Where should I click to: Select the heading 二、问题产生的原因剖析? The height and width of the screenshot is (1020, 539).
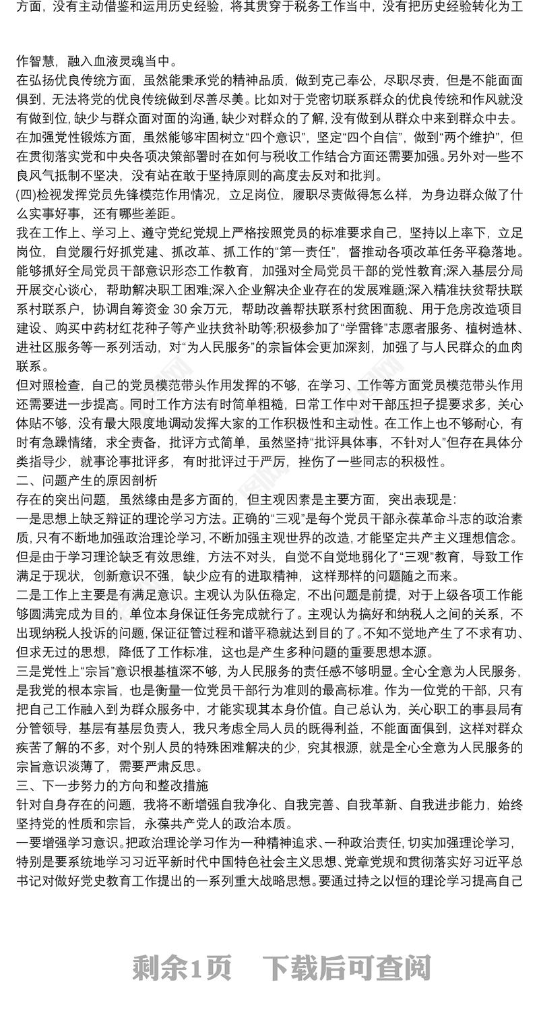point(87,481)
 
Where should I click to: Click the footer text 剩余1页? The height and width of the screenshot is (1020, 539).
point(182,969)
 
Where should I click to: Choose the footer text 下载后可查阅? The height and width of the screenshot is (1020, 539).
point(346,969)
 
